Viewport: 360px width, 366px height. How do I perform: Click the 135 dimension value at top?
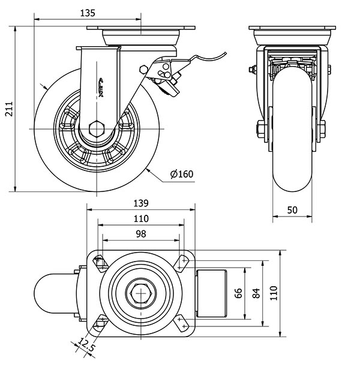(x=89, y=12)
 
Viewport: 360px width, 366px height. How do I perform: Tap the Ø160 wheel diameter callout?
(x=181, y=175)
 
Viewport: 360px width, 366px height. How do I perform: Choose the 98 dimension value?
(x=140, y=233)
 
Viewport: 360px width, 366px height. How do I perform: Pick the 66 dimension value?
(x=238, y=293)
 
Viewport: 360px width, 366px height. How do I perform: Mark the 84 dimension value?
(x=256, y=293)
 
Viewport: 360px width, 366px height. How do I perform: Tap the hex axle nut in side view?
(x=95, y=128)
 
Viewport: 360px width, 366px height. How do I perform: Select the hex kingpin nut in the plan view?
(x=140, y=293)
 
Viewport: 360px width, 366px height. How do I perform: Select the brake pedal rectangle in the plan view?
(x=211, y=293)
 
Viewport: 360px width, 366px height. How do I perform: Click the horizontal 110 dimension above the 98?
(x=140, y=218)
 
